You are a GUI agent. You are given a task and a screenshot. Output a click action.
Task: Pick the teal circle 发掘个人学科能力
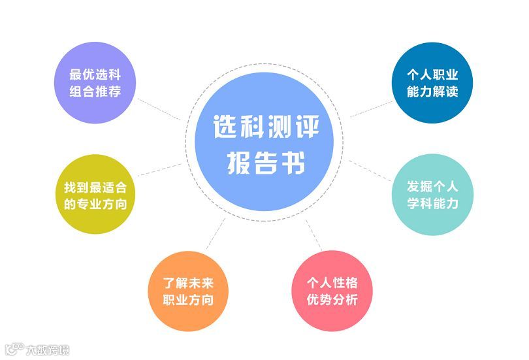pos(432,194)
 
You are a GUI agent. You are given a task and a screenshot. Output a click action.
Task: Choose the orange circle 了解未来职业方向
pos(187,292)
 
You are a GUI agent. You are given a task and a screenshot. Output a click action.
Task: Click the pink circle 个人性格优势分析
pos(332,292)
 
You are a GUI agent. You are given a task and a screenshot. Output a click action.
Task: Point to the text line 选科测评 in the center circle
pos(266,126)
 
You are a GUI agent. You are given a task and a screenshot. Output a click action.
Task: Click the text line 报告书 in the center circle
pos(266,162)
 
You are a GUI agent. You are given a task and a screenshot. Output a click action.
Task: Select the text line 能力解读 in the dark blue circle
pos(432,91)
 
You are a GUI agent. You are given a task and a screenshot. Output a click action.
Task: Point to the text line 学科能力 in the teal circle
pos(432,203)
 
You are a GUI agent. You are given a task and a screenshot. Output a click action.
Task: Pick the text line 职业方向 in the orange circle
pos(187,301)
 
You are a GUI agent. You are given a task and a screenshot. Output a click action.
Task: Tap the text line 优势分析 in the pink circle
pos(332,301)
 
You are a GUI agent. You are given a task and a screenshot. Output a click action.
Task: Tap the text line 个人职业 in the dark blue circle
pos(432,74)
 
